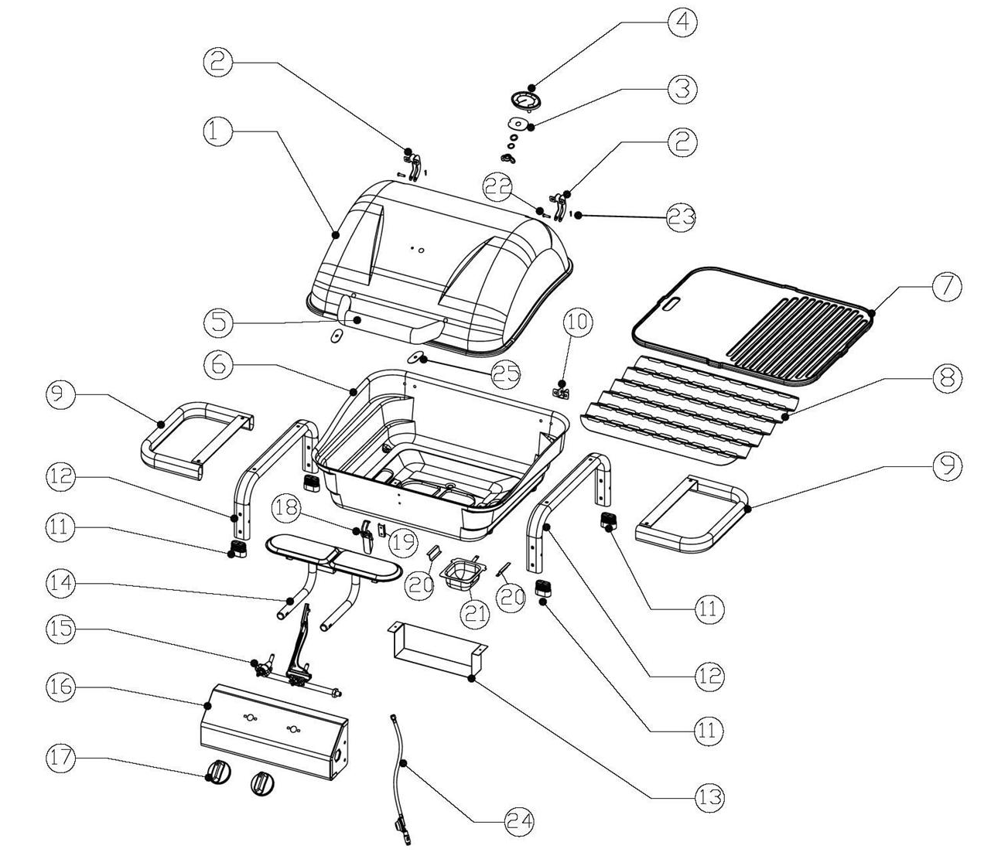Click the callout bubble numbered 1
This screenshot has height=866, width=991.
[x=219, y=131]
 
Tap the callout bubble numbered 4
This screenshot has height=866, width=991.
[x=682, y=22]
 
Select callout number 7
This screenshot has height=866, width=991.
[x=945, y=286]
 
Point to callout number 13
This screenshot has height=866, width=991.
[x=709, y=796]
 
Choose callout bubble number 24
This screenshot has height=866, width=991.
[x=518, y=821]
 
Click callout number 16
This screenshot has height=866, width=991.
[x=62, y=687]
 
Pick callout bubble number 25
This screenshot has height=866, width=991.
[x=507, y=373]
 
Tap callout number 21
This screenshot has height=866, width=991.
[x=477, y=613]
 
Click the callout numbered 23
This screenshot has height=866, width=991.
[x=682, y=217]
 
